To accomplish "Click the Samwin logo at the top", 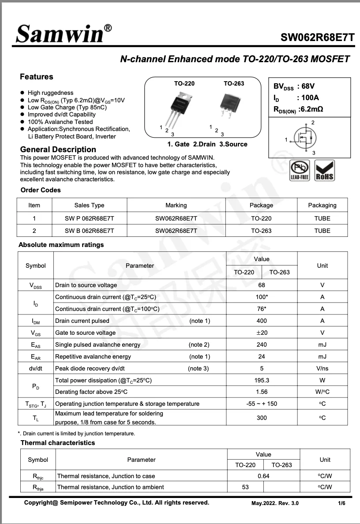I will coord(64,33).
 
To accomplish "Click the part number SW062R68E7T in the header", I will coord(318,37).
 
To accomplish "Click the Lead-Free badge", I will coord(300,171).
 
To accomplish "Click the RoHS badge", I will coord(325,171).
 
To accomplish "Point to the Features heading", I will coord(37,77).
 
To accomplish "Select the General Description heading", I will coord(58,150).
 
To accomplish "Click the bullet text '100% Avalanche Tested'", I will coord(60,122).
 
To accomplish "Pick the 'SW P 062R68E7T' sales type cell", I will coord(89,218).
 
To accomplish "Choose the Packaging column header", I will coord(322,205).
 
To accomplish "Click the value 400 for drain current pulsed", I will coord(262,321).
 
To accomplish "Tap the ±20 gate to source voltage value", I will coord(262,333).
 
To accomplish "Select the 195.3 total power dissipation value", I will coord(262,380).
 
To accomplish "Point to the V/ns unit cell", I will coord(322,368).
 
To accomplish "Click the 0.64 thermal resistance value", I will coord(263,476).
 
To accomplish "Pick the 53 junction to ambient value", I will coord(245,487).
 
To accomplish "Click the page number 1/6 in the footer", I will coord(341,503).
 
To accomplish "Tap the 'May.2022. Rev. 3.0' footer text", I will coord(275,503).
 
